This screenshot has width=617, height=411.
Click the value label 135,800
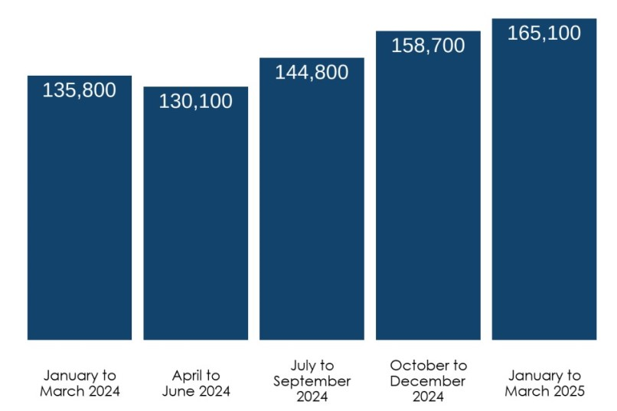click(80, 90)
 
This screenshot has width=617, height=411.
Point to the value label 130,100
click(196, 101)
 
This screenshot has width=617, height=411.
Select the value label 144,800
click(312, 73)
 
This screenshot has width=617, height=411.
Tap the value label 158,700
click(428, 46)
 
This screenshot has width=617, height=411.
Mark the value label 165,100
click(544, 34)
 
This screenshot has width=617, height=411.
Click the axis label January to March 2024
click(80, 383)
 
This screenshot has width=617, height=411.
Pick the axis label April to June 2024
click(196, 383)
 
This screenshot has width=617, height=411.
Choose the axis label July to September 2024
click(312, 381)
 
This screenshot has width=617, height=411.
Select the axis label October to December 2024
click(428, 381)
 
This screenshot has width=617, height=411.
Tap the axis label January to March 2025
click(544, 383)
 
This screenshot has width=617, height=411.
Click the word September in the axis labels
click(312, 381)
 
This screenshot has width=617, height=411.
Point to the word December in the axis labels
click(428, 381)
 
